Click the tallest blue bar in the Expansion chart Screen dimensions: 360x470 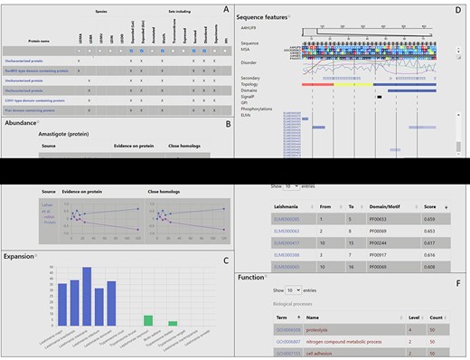87,299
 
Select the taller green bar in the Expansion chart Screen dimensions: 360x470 148,321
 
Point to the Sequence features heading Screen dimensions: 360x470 268,16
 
